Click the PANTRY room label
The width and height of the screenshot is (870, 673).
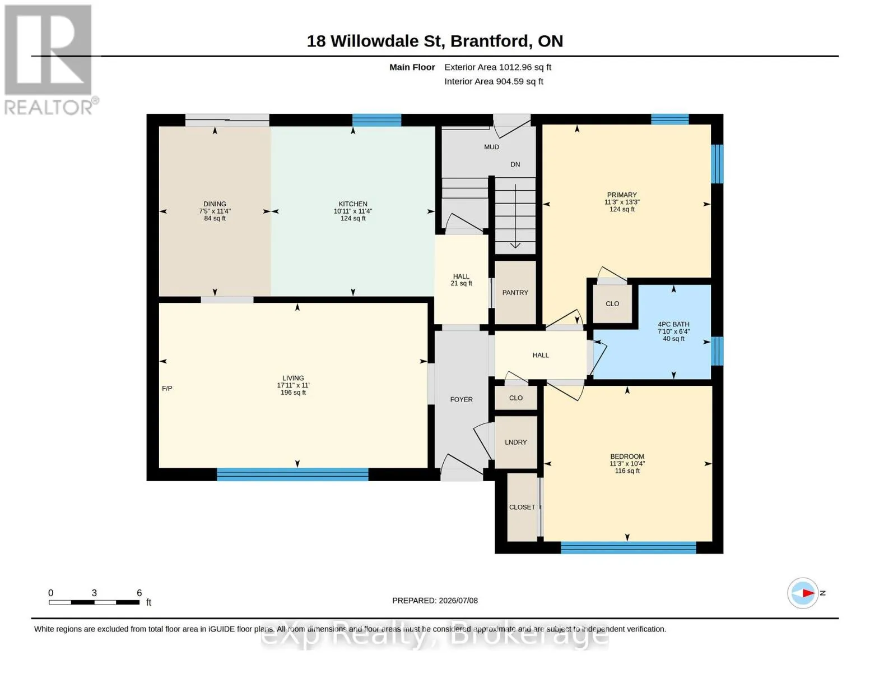coord(515,293)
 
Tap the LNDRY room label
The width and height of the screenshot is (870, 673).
coord(516,442)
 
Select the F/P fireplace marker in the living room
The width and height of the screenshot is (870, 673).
coord(167,388)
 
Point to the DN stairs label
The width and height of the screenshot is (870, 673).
coord(515,164)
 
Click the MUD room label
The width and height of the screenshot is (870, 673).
coord(491,147)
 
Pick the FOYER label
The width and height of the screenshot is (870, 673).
coord(461,399)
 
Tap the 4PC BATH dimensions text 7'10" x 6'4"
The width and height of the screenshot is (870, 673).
coord(673,331)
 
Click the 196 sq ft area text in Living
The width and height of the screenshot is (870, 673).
coord(293,393)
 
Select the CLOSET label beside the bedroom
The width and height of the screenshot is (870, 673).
coord(522,507)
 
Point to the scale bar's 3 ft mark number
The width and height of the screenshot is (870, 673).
coord(94,593)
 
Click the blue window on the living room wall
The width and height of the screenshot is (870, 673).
coord(292,474)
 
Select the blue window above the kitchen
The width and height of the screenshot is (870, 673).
coord(376,120)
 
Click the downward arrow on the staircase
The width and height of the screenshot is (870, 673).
coord(515,216)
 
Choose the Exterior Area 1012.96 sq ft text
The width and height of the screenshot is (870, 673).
coord(497,67)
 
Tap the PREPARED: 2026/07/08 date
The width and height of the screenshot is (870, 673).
coord(435,601)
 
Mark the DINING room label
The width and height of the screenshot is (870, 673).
coord(215,204)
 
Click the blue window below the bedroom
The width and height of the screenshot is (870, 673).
coord(628,547)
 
